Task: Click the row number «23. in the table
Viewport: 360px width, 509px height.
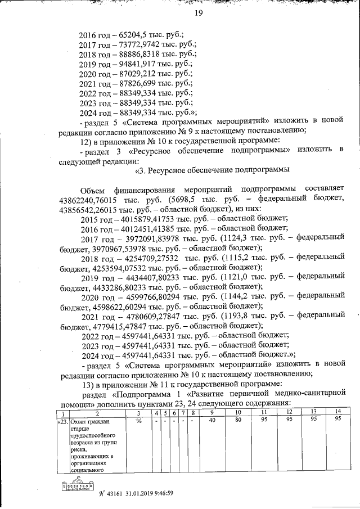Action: tap(62, 420)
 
